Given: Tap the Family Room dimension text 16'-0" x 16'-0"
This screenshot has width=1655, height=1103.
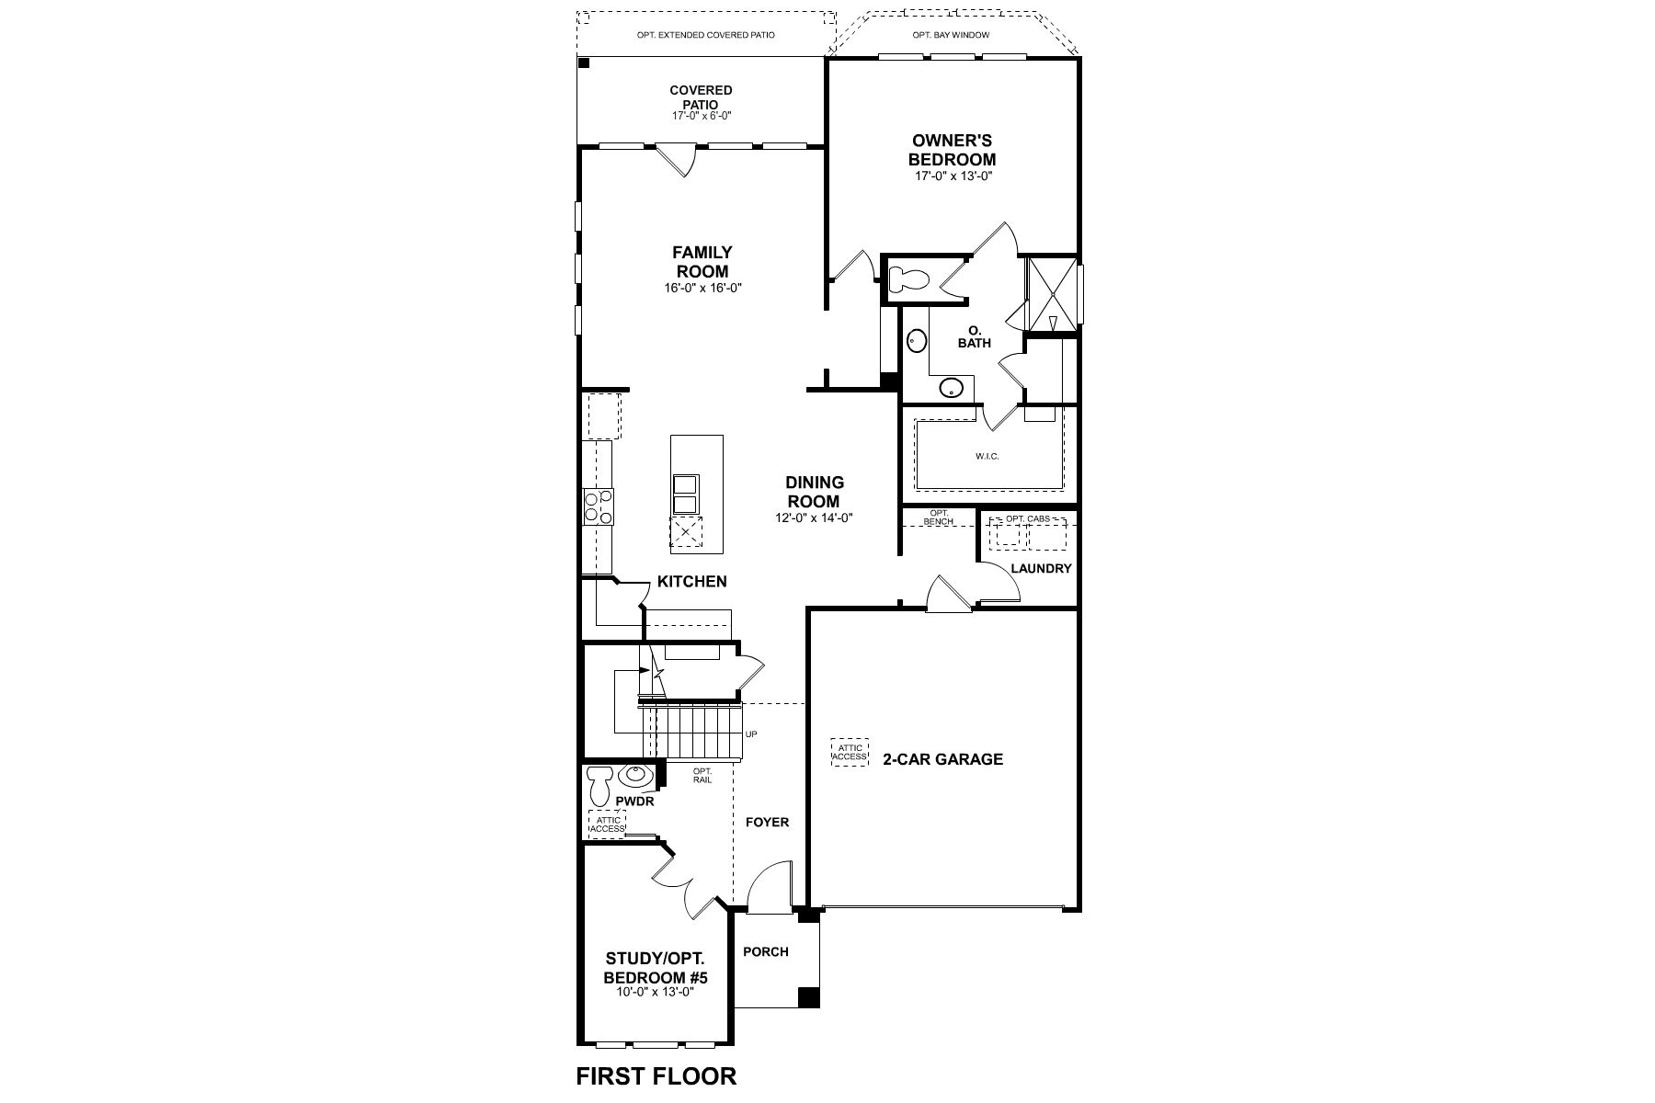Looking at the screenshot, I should [x=703, y=288].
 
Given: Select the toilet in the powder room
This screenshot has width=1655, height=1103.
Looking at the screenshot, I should [x=600, y=785].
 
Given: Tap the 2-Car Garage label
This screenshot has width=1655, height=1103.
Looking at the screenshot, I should [x=942, y=759].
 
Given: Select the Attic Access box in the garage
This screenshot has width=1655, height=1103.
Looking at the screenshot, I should [x=850, y=752].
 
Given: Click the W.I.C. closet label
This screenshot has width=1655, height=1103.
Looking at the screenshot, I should [x=987, y=456].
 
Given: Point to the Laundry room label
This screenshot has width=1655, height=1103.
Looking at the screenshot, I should [x=1041, y=568].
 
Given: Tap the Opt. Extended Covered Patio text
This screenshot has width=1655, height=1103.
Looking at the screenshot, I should [x=705, y=35].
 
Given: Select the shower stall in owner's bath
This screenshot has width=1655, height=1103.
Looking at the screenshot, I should [x=1053, y=293].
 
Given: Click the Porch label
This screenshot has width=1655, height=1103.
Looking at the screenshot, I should [x=766, y=951].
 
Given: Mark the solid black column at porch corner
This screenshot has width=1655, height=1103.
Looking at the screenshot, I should [x=808, y=997].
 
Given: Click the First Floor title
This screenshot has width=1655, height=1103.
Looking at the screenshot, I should [x=656, y=1075].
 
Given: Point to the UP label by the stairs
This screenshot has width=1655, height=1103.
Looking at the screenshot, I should [x=752, y=733].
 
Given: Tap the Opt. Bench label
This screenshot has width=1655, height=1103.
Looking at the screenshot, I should [x=939, y=517].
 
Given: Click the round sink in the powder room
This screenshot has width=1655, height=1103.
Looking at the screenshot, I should [x=634, y=777].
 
